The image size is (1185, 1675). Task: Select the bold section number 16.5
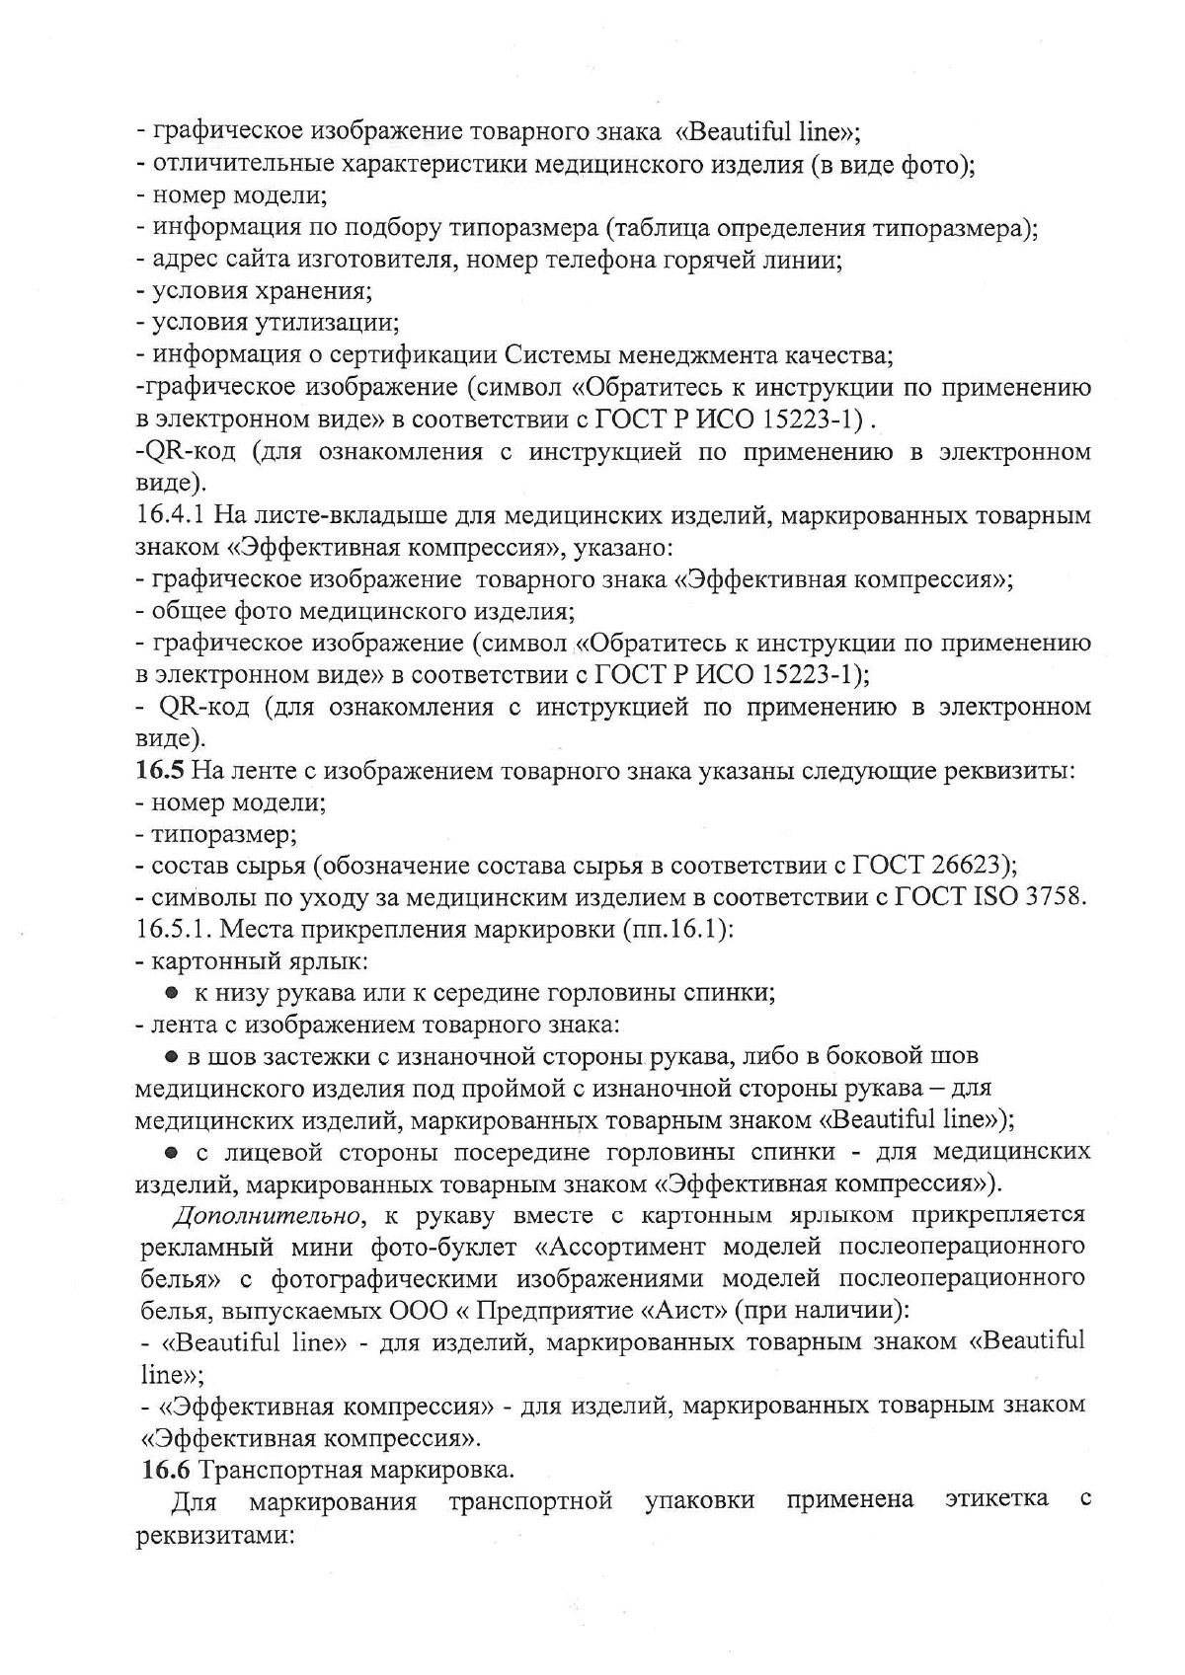[x=156, y=771]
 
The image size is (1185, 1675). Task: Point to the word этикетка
[x=996, y=1499]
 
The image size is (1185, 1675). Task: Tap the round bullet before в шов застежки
[x=171, y=1057]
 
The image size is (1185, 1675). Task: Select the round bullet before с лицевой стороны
[x=171, y=1152]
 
